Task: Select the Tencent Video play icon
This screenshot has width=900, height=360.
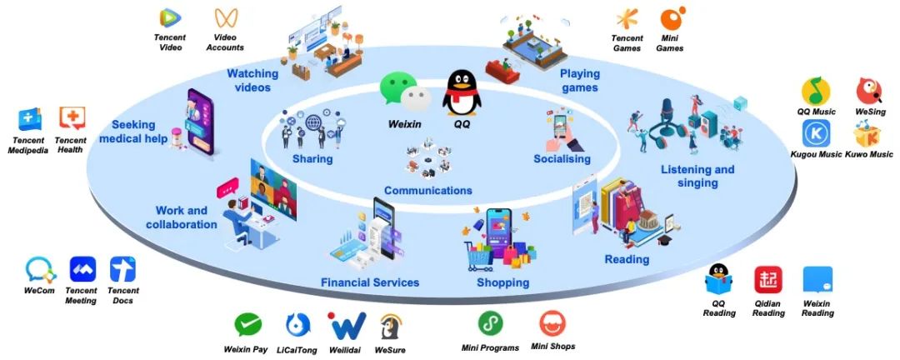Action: pyautogui.click(x=170, y=17)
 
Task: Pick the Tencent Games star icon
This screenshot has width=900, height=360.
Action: pyautogui.click(x=627, y=19)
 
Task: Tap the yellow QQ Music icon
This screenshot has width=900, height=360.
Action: pyautogui.click(x=816, y=91)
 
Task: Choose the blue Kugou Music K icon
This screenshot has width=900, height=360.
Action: pyautogui.click(x=816, y=133)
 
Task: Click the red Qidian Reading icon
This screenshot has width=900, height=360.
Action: pyautogui.click(x=768, y=280)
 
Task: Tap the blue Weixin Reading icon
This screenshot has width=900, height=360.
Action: pyautogui.click(x=817, y=280)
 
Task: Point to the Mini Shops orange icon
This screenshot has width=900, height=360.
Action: pyautogui.click(x=552, y=322)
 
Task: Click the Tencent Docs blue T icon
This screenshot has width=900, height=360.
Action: pyautogui.click(x=123, y=269)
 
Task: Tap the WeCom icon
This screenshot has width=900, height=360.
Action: pyautogui.click(x=40, y=269)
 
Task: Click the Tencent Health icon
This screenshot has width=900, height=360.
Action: pyautogui.click(x=72, y=119)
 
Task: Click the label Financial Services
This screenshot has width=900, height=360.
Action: pyautogui.click(x=370, y=282)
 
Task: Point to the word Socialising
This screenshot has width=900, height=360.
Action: pyautogui.click(x=562, y=158)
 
